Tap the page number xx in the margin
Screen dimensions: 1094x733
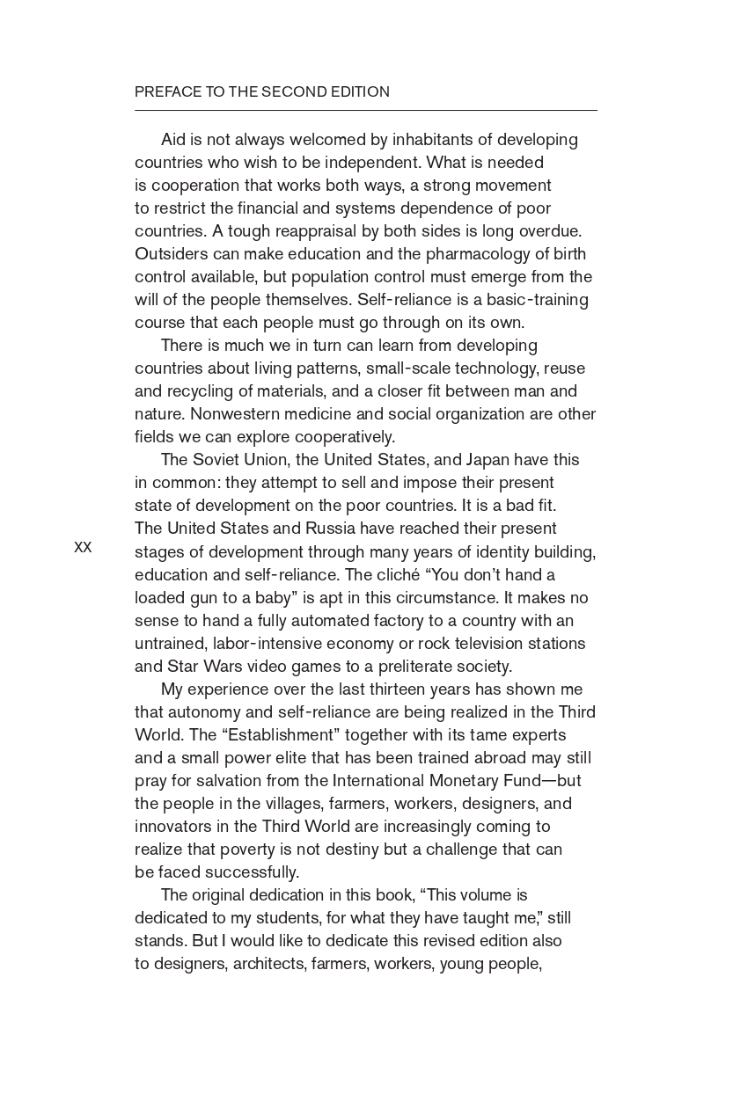coord(83,547)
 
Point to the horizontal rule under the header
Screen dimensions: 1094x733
coord(365,111)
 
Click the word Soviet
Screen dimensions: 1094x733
coord(216,460)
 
